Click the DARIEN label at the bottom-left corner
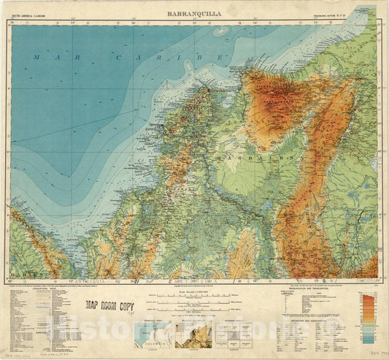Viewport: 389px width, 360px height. tap(23, 277)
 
